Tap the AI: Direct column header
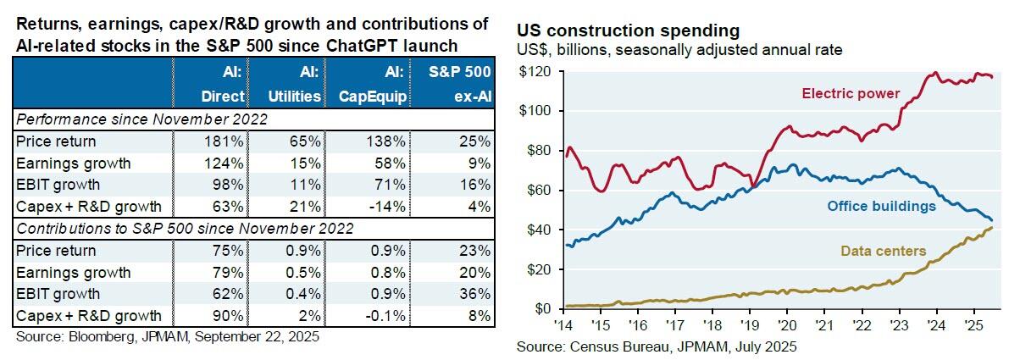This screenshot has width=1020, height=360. click(213, 85)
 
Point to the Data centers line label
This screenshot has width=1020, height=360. click(883, 251)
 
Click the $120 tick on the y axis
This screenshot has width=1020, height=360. click(535, 72)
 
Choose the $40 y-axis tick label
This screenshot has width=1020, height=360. click(538, 230)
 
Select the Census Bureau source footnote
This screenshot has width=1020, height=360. click(657, 346)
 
